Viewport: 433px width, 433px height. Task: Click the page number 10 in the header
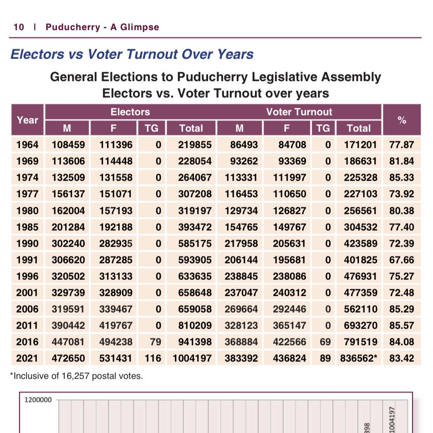[x=19, y=27]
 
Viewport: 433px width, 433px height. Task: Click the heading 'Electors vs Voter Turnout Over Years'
[x=132, y=55]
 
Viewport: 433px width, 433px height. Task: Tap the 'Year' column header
[x=27, y=120]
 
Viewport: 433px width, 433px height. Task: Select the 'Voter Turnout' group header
[x=299, y=112]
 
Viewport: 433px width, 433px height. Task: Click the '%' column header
[x=402, y=120]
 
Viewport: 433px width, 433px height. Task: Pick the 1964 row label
[x=27, y=145]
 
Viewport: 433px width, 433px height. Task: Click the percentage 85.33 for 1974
[x=402, y=178]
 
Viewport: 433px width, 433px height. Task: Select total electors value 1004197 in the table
[x=192, y=358]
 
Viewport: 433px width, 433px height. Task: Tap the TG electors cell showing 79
[x=153, y=342]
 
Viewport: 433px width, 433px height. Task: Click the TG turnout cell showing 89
[x=325, y=358]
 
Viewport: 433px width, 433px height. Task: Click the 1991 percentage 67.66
[x=402, y=260]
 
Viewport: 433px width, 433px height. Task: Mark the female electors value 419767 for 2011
[x=116, y=326]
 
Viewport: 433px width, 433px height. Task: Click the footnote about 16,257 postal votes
[x=76, y=376]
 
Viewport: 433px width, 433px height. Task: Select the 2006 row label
[x=27, y=309]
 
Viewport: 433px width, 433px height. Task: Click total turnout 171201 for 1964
[x=359, y=145]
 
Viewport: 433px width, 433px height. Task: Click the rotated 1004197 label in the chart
[x=391, y=417]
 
